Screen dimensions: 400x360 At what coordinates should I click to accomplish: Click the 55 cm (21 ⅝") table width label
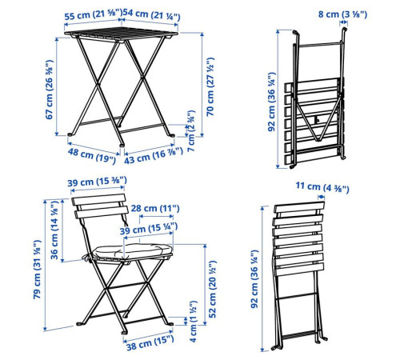click(x=93, y=15)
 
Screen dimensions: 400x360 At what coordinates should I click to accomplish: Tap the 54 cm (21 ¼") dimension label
click(x=151, y=14)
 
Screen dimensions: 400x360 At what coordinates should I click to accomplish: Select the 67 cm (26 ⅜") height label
click(x=50, y=90)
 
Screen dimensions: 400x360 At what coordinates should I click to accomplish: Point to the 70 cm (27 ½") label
click(x=210, y=86)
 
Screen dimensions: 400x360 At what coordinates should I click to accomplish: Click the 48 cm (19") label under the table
click(x=92, y=156)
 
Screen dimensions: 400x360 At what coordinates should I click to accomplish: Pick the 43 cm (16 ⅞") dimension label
click(x=154, y=155)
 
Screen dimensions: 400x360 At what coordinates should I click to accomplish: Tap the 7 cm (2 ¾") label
click(x=191, y=131)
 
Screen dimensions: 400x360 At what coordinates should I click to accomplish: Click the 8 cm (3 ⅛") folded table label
click(x=342, y=14)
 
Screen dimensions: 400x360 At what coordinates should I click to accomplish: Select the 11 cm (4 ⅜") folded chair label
click(x=322, y=187)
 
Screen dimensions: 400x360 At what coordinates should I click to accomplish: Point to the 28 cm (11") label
click(x=155, y=208)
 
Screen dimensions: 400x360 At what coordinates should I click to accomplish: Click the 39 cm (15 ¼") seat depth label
click(x=149, y=229)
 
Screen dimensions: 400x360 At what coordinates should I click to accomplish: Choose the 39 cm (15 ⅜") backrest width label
click(x=97, y=182)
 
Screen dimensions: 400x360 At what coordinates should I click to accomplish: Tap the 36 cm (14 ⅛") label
click(x=54, y=230)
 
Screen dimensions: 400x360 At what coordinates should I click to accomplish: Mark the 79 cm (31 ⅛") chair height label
click(x=37, y=270)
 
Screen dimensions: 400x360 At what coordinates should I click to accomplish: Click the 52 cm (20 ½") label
click(x=213, y=290)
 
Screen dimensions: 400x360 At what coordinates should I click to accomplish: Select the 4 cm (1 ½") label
click(x=193, y=322)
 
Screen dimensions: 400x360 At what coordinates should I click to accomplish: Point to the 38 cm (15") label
click(x=150, y=343)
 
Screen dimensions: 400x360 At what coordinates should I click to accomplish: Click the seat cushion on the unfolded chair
click(x=132, y=251)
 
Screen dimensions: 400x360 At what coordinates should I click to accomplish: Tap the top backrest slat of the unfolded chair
click(x=98, y=199)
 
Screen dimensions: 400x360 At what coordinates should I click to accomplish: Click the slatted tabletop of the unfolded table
click(x=121, y=34)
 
